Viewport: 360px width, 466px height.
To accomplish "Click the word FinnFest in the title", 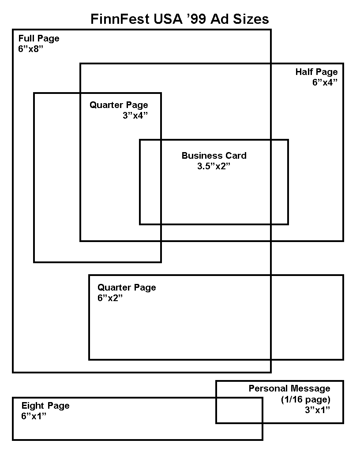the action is pyautogui.click(x=120, y=19).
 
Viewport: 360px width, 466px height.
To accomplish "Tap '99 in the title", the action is pyautogui.click(x=193, y=19).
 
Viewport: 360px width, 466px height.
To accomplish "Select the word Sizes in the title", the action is pyautogui.click(x=251, y=19).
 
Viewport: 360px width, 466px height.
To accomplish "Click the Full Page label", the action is pyautogui.click(x=39, y=39).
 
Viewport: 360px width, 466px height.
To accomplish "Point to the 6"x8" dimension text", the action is pyautogui.click(x=30, y=49).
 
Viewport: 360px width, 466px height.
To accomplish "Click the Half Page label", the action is pyautogui.click(x=317, y=72).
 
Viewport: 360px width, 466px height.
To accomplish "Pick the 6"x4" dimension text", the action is pyautogui.click(x=325, y=82).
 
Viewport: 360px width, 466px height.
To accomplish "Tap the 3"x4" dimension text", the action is pyautogui.click(x=135, y=116).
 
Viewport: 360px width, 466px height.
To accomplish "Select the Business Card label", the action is pyautogui.click(x=214, y=156).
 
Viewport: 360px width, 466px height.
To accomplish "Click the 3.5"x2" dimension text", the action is pyautogui.click(x=214, y=166).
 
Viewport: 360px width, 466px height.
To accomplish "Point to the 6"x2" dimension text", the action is pyautogui.click(x=110, y=298).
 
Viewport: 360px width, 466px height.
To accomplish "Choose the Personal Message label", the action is pyautogui.click(x=289, y=388).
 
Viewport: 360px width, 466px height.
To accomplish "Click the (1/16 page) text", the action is pyautogui.click(x=306, y=399).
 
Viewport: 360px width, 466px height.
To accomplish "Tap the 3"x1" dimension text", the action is pyautogui.click(x=318, y=410).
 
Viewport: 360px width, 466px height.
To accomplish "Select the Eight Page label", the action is pyautogui.click(x=45, y=406).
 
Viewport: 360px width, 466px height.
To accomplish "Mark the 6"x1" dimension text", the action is pyautogui.click(x=34, y=416).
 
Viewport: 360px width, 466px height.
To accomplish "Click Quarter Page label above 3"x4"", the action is pyautogui.click(x=119, y=105).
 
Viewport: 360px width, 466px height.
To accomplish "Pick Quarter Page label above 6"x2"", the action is pyautogui.click(x=127, y=287).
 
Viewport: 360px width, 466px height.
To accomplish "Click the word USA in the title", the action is pyautogui.click(x=168, y=19).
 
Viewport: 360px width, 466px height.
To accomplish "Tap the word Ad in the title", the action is pyautogui.click(x=220, y=19).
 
